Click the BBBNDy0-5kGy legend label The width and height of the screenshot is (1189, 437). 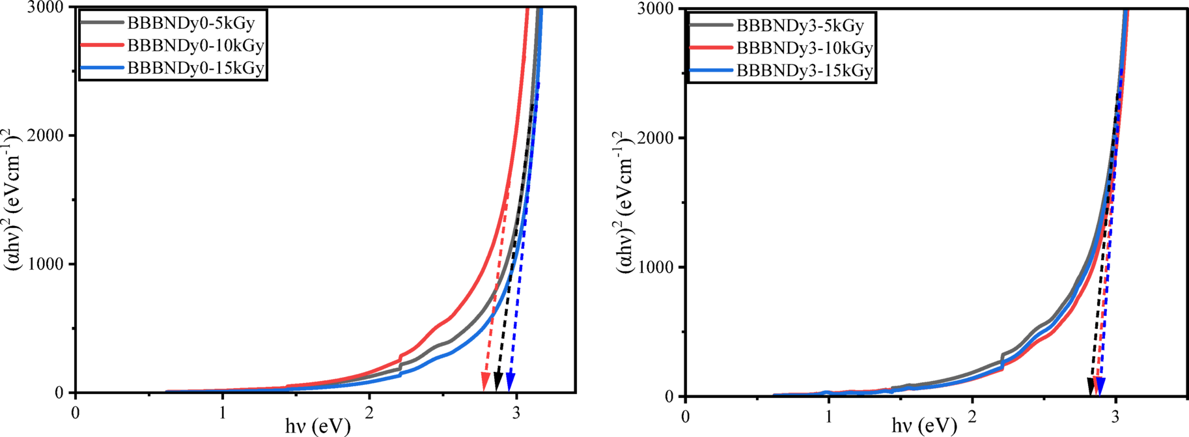pyautogui.click(x=191, y=23)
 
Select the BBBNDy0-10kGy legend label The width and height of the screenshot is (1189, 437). pyautogui.click(x=195, y=46)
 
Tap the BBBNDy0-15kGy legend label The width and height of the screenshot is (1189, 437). pyautogui.click(x=195, y=68)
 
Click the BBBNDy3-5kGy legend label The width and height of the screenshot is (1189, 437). pyautogui.click(x=800, y=26)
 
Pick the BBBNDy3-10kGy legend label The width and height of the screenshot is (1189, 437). pyautogui.click(x=804, y=48)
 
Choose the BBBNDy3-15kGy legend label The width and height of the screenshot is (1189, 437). pyautogui.click(x=804, y=70)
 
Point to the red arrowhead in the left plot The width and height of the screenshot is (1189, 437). pyautogui.click(x=485, y=382)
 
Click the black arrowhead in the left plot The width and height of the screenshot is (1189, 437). pyautogui.click(x=498, y=382)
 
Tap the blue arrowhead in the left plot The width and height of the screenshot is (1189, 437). pyautogui.click(x=511, y=382)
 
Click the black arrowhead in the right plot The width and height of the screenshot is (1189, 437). pyautogui.click(x=1092, y=386)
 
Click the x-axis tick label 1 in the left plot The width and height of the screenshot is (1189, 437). pyautogui.click(x=223, y=412)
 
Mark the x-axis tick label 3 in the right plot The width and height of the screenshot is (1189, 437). pyautogui.click(x=1115, y=416)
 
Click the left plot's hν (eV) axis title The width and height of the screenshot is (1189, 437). pyautogui.click(x=318, y=427)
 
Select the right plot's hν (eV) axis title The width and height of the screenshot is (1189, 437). pyautogui.click(x=924, y=427)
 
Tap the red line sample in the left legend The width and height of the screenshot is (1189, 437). pyautogui.click(x=102, y=46)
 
